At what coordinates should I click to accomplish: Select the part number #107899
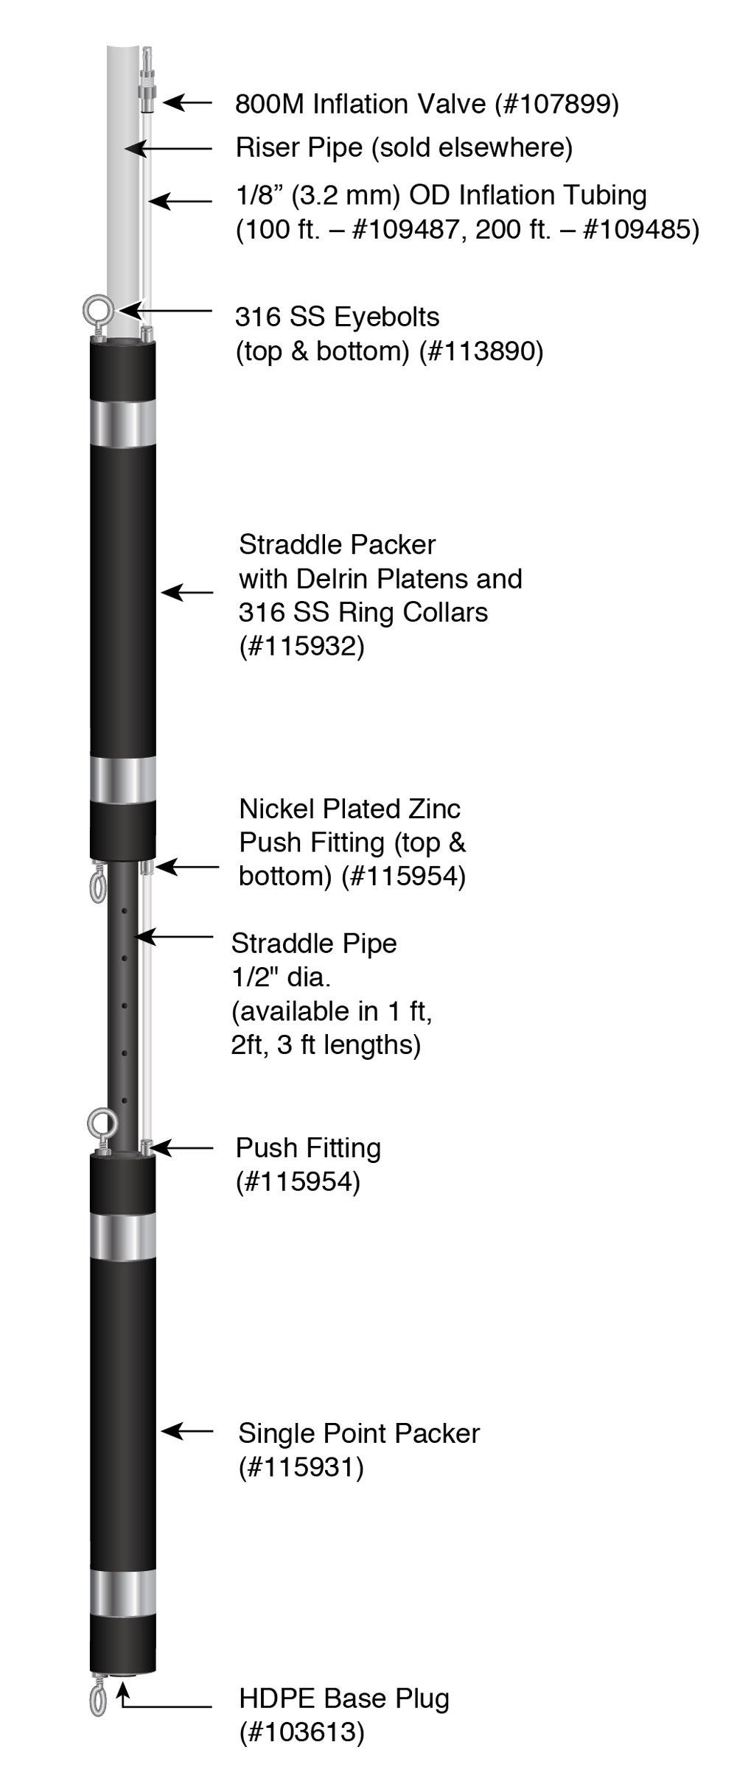(559, 105)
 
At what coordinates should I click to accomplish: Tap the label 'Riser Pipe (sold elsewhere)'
(404, 148)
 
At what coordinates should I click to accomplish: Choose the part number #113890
(481, 351)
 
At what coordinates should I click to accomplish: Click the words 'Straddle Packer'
(337, 545)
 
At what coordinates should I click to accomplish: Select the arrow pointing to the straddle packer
(187, 591)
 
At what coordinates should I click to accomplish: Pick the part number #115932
(301, 647)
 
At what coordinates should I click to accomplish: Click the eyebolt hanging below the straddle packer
(97, 885)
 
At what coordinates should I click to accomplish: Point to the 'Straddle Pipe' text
(314, 943)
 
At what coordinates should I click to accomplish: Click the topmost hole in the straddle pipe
(125, 911)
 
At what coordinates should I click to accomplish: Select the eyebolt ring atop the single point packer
(101, 1123)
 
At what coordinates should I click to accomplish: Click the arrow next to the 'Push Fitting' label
(183, 1148)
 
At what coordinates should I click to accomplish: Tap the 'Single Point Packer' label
(358, 1433)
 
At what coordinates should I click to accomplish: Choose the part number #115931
(301, 1468)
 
